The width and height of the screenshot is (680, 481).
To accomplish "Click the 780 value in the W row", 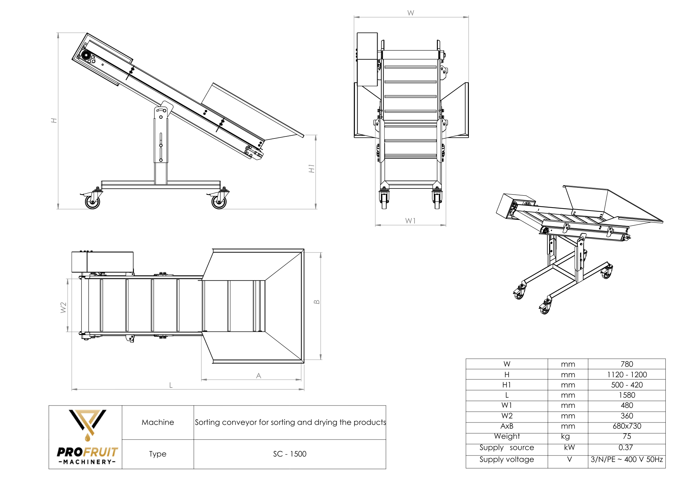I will (627, 364).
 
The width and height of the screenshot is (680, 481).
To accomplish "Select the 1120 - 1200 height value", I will (627, 375).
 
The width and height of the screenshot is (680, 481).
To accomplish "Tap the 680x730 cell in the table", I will (627, 426).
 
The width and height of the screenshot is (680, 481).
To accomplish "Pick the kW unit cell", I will (569, 447).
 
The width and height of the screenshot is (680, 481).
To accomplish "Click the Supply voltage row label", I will (507, 460).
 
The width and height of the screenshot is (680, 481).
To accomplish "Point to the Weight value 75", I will (627, 436).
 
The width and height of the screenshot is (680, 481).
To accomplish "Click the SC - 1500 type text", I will (290, 454).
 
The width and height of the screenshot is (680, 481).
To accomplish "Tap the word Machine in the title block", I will (158, 422).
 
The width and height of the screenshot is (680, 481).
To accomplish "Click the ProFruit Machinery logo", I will (87, 437).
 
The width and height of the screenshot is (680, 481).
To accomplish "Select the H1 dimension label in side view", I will (311, 168).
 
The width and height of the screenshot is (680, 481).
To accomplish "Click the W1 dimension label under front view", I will (410, 221).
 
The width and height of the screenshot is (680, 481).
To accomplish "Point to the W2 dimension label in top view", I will (63, 307).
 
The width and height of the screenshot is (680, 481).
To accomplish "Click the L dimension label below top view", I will (171, 385).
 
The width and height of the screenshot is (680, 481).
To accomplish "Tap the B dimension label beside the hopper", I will (317, 302).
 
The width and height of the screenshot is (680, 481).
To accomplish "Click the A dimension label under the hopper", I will (258, 376).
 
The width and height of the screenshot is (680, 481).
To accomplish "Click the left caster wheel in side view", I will (92, 202).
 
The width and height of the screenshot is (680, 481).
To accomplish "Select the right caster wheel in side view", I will (219, 202).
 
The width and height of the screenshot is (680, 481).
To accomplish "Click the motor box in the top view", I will (103, 262).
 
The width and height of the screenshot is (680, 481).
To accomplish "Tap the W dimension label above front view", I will (411, 13).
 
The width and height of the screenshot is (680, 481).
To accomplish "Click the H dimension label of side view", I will (54, 120).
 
